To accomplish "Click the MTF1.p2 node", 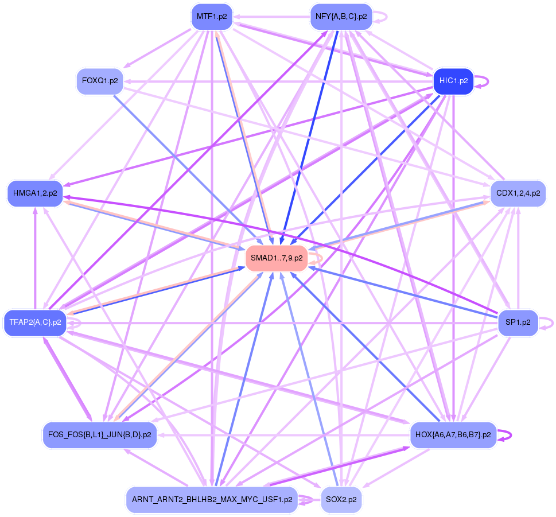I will pos(212,16).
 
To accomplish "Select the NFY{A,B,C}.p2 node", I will pos(341,16).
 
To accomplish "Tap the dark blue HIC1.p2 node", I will pos(453,81).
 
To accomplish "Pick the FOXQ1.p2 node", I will pos(100,81).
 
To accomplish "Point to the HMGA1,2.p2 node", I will pos(35,193).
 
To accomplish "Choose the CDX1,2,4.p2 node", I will pos(518,193).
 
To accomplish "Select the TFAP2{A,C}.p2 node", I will pos(35,322).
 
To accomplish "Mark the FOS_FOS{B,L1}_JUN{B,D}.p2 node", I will pos(100,434).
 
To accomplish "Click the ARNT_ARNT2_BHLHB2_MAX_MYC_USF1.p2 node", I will pos(212,499).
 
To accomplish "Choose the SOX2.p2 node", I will pos(341,499).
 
